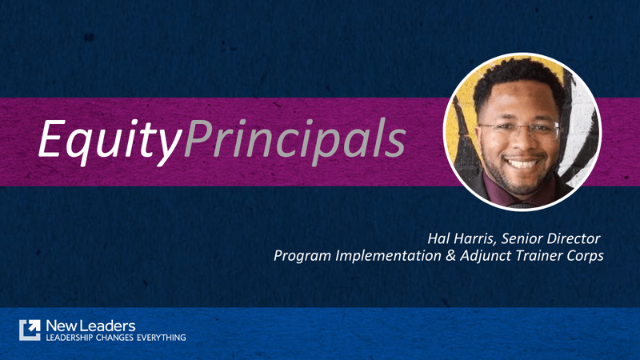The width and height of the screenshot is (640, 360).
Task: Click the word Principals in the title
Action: click(x=293, y=140)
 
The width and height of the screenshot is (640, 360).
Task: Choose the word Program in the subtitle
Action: click(x=302, y=257)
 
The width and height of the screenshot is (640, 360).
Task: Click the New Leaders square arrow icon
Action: click(x=30, y=330)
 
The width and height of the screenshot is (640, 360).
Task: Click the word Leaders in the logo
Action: click(x=109, y=325)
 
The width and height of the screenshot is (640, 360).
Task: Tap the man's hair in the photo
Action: click(x=516, y=80)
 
